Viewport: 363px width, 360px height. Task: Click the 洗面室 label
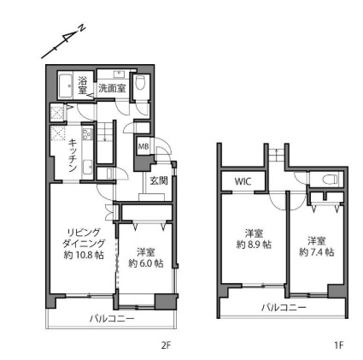click(x=110, y=86)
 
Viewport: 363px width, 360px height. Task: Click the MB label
click(x=143, y=147)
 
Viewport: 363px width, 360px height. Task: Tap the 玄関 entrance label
click(x=159, y=180)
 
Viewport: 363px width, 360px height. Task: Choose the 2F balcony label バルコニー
click(x=112, y=318)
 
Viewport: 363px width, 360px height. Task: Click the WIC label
click(x=243, y=181)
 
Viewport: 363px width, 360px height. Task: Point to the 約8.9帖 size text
click(x=254, y=244)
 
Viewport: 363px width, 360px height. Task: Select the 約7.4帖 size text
click(x=317, y=251)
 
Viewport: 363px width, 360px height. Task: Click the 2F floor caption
click(x=167, y=345)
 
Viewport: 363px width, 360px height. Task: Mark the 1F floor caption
click(x=338, y=345)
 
